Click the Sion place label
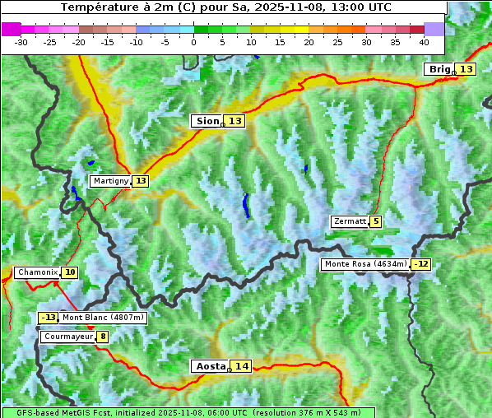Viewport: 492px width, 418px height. tap(207, 121)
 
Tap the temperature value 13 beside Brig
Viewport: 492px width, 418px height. tap(466, 69)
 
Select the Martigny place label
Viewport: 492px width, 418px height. tap(111, 181)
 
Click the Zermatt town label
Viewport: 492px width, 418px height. tap(350, 221)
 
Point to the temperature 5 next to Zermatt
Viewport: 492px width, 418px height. tap(376, 221)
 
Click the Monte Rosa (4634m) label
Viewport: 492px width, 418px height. tap(365, 264)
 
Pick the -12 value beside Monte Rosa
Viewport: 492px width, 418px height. tap(421, 264)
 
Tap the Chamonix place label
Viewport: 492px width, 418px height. tap(37, 272)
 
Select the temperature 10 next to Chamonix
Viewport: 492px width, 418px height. tap(70, 272)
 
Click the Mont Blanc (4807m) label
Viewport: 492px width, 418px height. tap(103, 318)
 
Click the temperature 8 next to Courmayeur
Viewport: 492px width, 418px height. tap(103, 337)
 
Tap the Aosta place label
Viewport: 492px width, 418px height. tap(209, 366)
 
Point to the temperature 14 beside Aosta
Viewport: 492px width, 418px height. tap(241, 366)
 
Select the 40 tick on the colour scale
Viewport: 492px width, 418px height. tap(424, 41)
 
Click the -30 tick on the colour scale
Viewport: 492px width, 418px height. tap(21, 41)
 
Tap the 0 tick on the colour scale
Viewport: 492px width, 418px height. tap(193, 41)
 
